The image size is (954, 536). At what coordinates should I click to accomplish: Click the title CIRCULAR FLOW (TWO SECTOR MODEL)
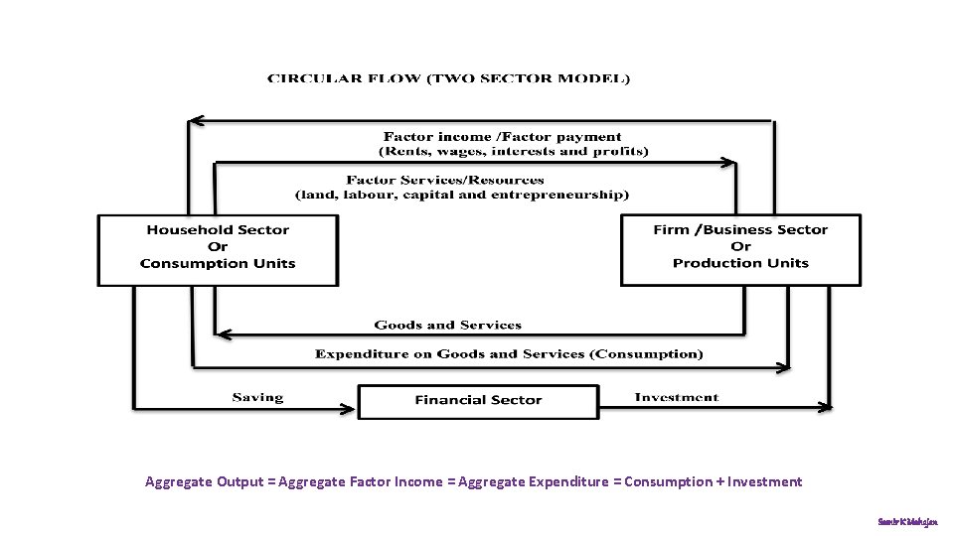click(x=448, y=78)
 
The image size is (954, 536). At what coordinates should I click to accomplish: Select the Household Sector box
click(x=218, y=249)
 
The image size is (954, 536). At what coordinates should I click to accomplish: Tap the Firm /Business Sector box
click(x=740, y=249)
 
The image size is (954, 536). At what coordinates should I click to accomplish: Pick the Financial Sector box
click(x=478, y=401)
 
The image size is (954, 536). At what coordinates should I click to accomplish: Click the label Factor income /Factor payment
click(x=502, y=137)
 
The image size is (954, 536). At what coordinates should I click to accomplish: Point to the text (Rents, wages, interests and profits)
click(x=514, y=152)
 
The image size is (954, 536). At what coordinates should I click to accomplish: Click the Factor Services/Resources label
click(x=445, y=180)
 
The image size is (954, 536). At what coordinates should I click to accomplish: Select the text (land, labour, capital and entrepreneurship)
click(x=462, y=195)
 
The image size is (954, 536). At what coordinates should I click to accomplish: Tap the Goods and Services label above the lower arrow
click(x=447, y=325)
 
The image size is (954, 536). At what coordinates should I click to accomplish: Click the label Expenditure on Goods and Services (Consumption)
click(x=508, y=353)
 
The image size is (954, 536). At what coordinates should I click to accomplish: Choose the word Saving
click(x=257, y=397)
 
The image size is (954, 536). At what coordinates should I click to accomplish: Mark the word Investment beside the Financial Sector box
click(x=676, y=397)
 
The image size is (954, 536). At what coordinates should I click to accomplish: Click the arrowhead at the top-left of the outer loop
click(x=196, y=121)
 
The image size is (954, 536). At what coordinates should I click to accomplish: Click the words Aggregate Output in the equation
click(x=204, y=482)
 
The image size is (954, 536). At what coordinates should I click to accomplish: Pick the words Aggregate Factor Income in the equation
click(x=361, y=482)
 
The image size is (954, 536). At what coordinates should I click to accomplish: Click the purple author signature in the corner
click(x=906, y=520)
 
